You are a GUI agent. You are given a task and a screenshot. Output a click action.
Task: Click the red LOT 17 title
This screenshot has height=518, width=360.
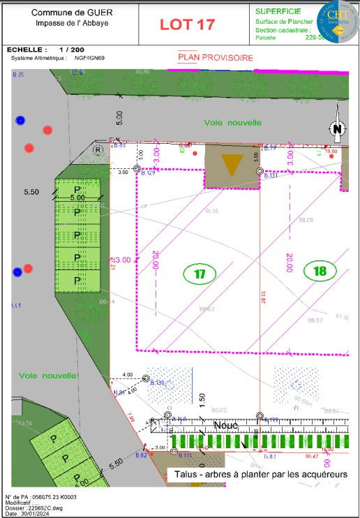click(187, 24)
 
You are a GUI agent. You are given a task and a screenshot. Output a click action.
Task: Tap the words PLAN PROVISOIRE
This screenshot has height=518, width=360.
click(216, 58)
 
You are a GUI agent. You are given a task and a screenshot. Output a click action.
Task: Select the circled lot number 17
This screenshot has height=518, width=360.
click(200, 274)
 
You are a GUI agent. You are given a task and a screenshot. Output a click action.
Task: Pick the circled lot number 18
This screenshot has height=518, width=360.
click(320, 271)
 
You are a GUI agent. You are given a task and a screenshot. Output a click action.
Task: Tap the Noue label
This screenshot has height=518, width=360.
click(226, 424)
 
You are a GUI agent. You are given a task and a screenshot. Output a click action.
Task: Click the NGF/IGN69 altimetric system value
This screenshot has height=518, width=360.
click(89, 58)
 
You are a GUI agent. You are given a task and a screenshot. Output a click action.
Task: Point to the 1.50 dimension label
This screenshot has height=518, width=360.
click(202, 399)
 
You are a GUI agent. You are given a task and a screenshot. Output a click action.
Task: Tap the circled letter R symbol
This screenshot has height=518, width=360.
click(99, 149)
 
